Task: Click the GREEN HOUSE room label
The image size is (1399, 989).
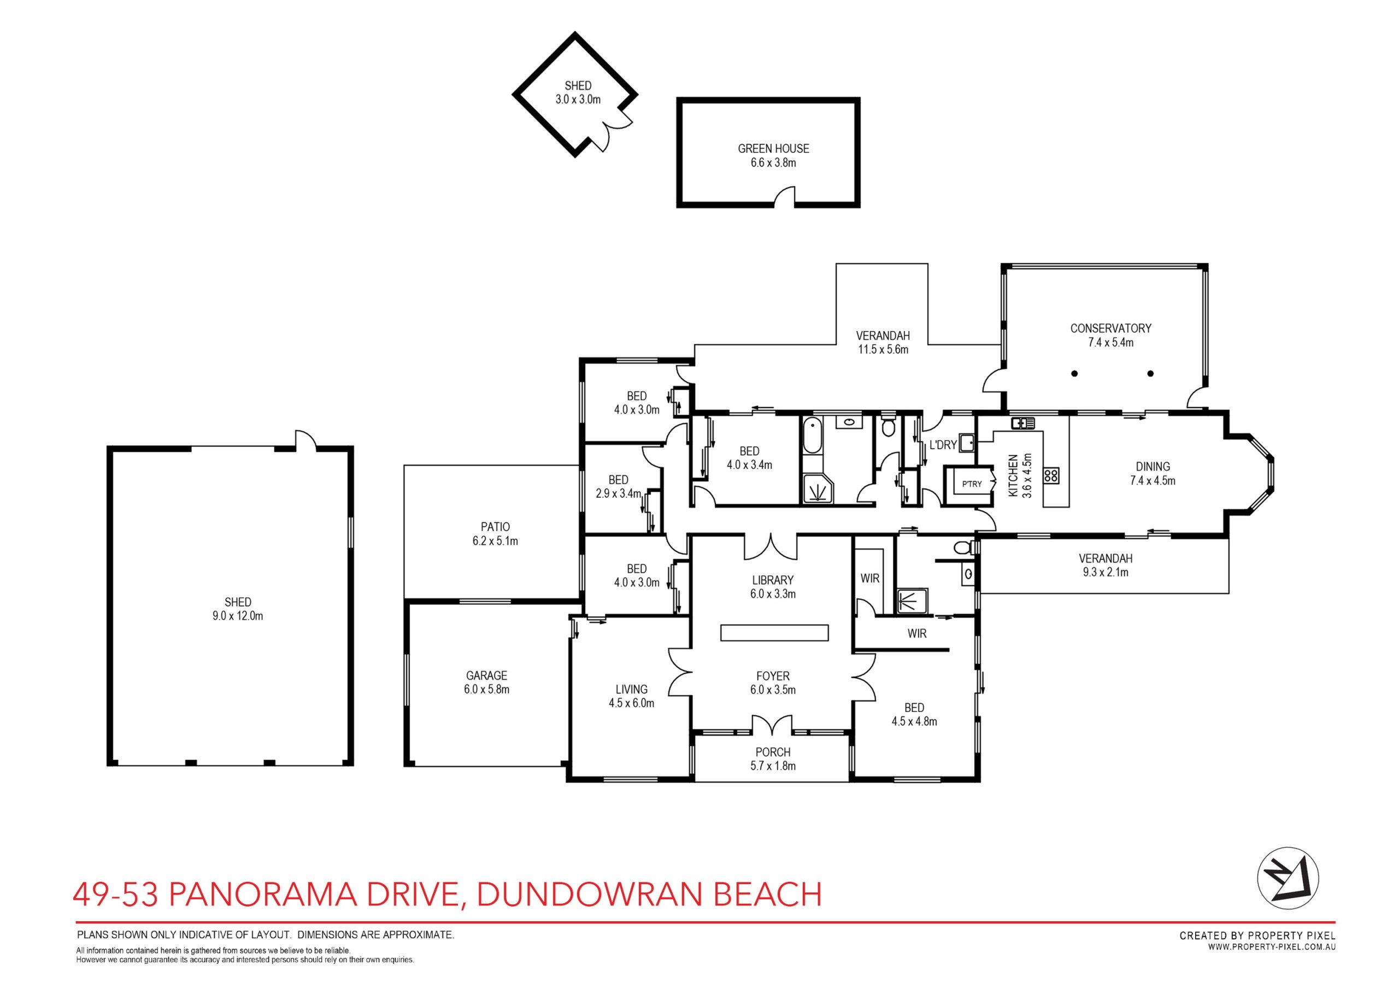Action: [773, 149]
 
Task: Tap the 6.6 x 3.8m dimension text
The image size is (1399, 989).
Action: [773, 163]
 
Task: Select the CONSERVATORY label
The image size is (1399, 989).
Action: [1111, 328]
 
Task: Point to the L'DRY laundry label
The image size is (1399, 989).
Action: [943, 445]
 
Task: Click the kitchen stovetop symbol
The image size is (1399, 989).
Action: [1053, 475]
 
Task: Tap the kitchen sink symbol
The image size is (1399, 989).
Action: [1024, 422]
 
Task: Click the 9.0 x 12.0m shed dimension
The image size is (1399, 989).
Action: [238, 616]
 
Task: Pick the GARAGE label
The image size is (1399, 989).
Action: [486, 675]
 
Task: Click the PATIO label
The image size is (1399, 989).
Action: [495, 527]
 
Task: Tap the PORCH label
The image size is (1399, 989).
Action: [773, 752]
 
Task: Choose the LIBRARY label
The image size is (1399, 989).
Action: [773, 580]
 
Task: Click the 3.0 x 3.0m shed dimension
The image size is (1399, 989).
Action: [578, 100]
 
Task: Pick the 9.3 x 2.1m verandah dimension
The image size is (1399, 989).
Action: [1106, 572]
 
